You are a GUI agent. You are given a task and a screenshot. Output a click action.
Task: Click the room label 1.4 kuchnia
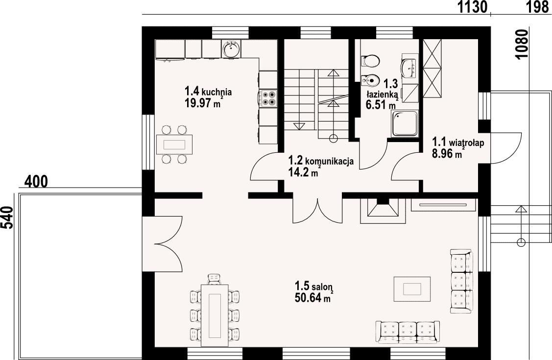click(x=208, y=92)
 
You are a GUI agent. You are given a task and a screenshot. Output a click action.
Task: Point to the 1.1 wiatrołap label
click(x=458, y=142)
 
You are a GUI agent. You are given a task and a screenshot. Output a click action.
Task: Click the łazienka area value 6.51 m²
click(x=381, y=104)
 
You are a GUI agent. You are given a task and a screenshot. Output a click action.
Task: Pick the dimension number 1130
click(x=472, y=7)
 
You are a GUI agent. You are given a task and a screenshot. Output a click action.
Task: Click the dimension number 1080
click(x=523, y=45)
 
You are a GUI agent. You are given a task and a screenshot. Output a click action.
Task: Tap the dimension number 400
click(x=36, y=182)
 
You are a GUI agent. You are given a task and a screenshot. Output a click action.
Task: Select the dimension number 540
click(x=7, y=218)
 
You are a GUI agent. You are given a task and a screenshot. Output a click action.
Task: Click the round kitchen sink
click(x=231, y=48)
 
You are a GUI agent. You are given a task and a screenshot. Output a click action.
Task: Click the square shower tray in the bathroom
click(x=405, y=123)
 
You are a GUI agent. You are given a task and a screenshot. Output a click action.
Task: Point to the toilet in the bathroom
click(x=370, y=61)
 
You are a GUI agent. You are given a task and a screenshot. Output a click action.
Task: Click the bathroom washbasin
click(x=409, y=69)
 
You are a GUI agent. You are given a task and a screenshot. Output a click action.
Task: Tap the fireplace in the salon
click(x=382, y=211)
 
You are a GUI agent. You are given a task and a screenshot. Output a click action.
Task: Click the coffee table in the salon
click(x=412, y=289)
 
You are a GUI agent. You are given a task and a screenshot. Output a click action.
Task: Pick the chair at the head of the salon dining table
click(x=215, y=279)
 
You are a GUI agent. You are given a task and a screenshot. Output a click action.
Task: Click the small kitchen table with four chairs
click(x=174, y=144)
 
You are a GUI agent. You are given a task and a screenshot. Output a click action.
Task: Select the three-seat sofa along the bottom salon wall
click(x=408, y=332)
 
